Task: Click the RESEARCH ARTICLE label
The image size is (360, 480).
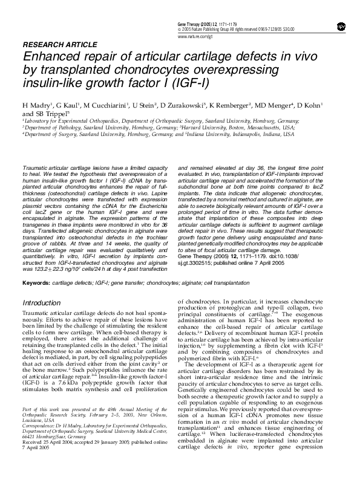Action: pos(53,45)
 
